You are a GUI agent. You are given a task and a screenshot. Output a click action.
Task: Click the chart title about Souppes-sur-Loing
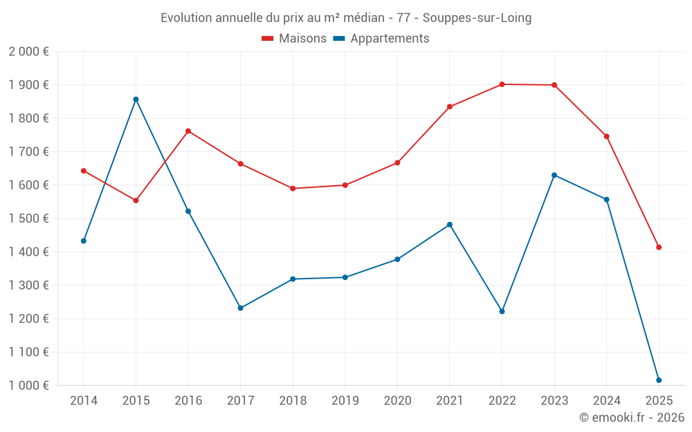(x=346, y=18)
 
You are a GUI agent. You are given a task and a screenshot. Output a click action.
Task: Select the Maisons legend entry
(x=294, y=39)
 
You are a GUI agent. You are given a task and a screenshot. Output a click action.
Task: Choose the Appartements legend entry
(x=381, y=39)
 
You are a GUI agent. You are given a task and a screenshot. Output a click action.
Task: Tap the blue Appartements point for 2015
(x=136, y=100)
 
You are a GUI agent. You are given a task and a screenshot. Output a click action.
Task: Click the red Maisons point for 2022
(x=502, y=84)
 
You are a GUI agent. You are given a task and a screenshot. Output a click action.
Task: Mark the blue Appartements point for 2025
(x=659, y=380)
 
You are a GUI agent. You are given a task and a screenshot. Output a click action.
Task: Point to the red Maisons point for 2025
(x=659, y=247)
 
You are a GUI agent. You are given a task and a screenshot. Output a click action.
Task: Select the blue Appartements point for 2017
(x=240, y=308)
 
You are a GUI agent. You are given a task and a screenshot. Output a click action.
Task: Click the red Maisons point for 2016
(x=188, y=131)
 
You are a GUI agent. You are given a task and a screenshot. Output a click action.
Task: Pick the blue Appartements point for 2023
(x=554, y=175)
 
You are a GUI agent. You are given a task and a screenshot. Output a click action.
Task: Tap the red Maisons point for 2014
(x=84, y=171)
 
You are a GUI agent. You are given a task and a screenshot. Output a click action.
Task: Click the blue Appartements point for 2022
(x=502, y=312)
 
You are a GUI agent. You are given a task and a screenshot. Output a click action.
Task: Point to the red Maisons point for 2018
(x=293, y=189)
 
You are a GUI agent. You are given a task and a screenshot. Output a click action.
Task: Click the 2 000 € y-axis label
(x=28, y=52)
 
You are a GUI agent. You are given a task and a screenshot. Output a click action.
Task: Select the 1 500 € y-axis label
(x=28, y=218)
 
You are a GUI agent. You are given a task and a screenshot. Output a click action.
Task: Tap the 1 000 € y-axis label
(x=28, y=386)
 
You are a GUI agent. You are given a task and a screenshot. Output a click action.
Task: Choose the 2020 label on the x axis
(x=397, y=401)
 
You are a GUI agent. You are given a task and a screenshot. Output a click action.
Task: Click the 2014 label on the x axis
(x=84, y=401)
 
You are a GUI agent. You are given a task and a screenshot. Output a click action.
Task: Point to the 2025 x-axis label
(x=659, y=401)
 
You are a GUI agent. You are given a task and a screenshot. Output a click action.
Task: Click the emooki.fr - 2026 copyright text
(x=631, y=417)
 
